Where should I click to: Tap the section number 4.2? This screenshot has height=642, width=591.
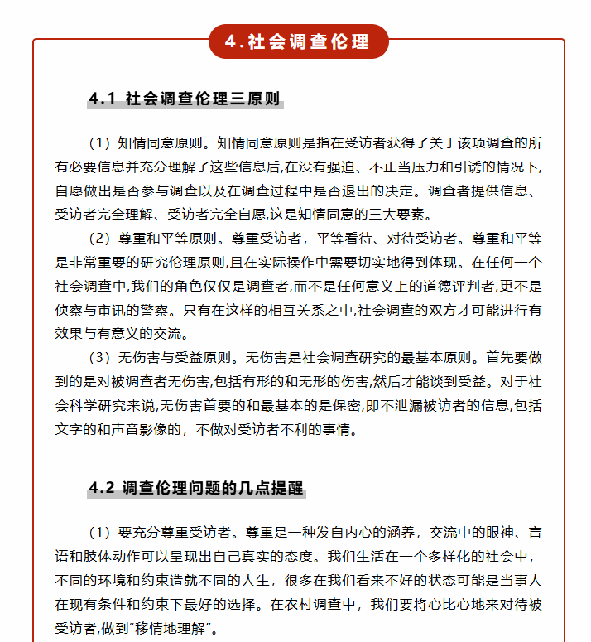pos(102,488)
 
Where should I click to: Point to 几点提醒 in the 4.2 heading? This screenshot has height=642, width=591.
pos(271,488)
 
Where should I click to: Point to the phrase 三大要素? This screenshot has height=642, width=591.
pos(387,215)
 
